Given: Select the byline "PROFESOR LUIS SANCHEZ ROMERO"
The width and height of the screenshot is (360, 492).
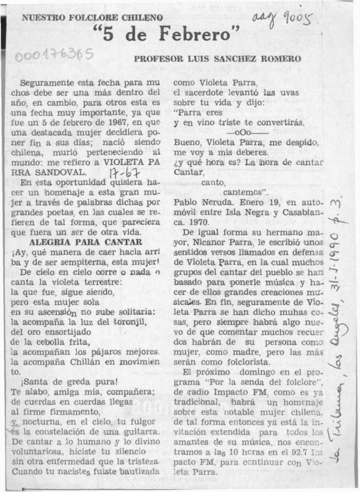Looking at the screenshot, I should pyautogui.click(x=217, y=59).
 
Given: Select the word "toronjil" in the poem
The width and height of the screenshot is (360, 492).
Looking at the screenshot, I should pyautogui.click(x=127, y=322).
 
